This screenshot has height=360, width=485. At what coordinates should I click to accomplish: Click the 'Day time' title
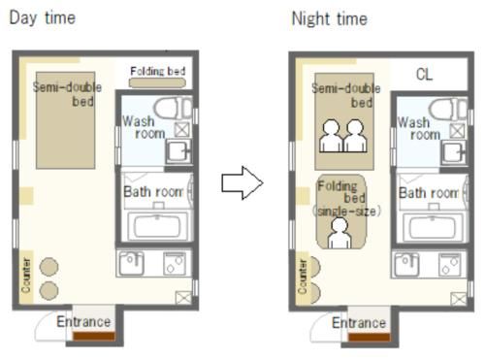pyautogui.click(x=43, y=17)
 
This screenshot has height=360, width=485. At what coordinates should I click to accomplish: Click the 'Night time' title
pyautogui.click(x=330, y=18)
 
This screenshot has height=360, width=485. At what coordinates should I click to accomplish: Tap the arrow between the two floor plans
pyautogui.click(x=242, y=183)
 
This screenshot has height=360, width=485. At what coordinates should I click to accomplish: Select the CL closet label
pyautogui.click(x=424, y=75)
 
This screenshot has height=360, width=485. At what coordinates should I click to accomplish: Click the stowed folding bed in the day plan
pyautogui.click(x=157, y=82)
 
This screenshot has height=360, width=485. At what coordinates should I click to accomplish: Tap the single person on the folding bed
pyautogui.click(x=339, y=234)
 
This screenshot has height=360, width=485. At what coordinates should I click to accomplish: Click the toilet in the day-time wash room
pyautogui.click(x=173, y=109)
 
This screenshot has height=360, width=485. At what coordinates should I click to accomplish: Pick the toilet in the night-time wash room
pyautogui.click(x=448, y=110)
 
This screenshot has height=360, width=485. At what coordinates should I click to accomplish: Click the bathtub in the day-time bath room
pyautogui.click(x=157, y=226)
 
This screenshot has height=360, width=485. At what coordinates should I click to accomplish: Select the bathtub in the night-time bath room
pyautogui.click(x=433, y=227)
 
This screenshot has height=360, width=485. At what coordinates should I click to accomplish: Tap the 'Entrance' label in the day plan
pyautogui.click(x=83, y=322)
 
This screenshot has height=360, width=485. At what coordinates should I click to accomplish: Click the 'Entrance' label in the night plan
pyautogui.click(x=359, y=323)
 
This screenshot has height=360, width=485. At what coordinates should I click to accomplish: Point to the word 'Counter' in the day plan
pyautogui.click(x=26, y=276)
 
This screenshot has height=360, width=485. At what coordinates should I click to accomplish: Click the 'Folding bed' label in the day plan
pyautogui.click(x=158, y=71)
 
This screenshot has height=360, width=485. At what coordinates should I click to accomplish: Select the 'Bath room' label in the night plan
pyautogui.click(x=429, y=193)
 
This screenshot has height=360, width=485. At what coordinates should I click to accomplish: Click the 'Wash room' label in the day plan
pyautogui.click(x=144, y=127)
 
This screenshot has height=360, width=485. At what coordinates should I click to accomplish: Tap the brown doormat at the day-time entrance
pyautogui.click(x=94, y=337)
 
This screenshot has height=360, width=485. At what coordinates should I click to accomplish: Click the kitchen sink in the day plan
pyautogui.click(x=132, y=263)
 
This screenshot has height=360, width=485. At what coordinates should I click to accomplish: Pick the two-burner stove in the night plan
pyautogui.click(x=451, y=265)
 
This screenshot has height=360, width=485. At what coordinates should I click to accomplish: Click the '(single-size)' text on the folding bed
pyautogui.click(x=346, y=212)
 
